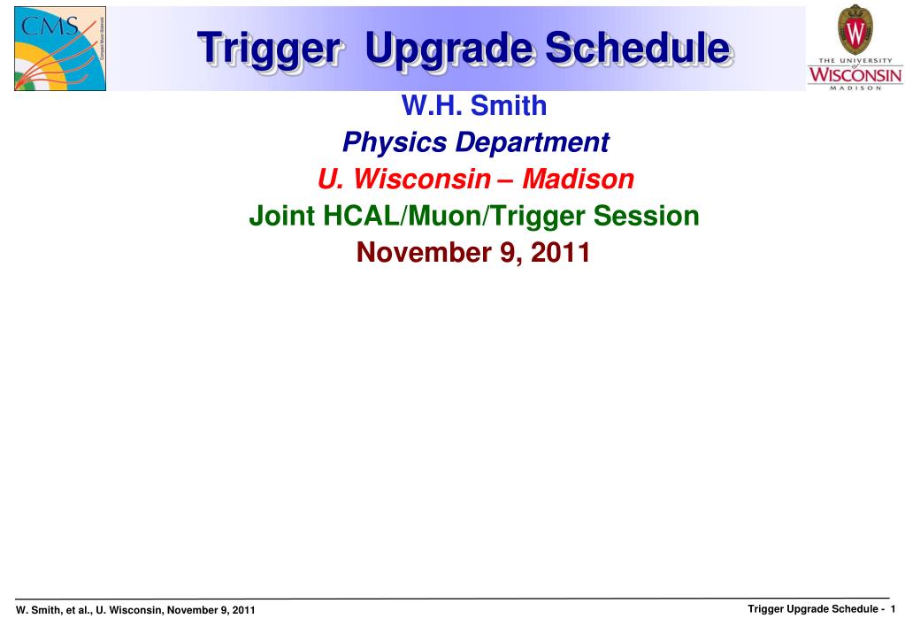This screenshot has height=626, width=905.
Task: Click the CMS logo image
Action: (60, 49)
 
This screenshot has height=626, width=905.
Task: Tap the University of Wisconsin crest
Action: (855, 29)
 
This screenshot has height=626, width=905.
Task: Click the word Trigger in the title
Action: (268, 50)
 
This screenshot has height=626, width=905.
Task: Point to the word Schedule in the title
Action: (640, 48)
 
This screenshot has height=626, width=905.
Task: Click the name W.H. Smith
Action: (474, 105)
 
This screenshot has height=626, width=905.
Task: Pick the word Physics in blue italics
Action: (395, 142)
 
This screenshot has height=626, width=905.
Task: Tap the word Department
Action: (533, 143)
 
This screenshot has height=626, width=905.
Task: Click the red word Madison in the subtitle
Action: (579, 179)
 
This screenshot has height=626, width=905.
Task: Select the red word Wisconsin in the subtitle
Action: (422, 179)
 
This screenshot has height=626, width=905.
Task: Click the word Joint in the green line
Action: (281, 216)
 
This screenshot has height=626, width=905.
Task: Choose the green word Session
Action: (647, 216)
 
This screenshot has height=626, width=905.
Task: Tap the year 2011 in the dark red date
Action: (560, 253)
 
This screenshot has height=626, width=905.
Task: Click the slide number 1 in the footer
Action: (893, 608)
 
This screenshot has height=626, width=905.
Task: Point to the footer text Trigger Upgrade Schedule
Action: (813, 609)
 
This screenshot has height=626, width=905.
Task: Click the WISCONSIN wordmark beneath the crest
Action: (855, 74)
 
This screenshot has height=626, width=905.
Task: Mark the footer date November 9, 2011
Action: (211, 610)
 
